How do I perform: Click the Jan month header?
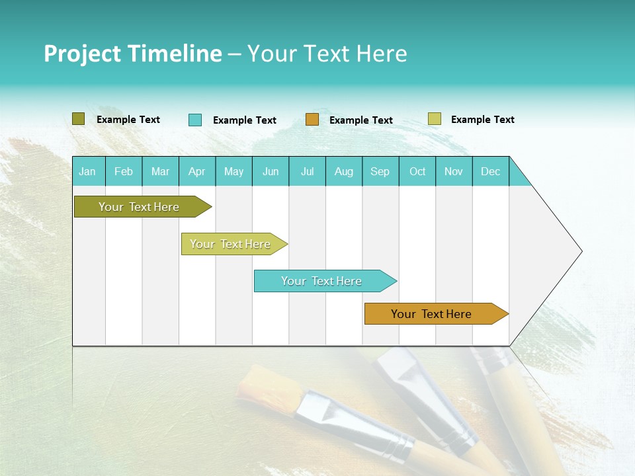tap(87, 172)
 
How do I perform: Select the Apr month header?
tap(196, 172)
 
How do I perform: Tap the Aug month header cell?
tap(343, 172)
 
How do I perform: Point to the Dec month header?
tap(490, 172)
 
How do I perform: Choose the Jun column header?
tap(270, 172)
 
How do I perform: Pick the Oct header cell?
tap(417, 172)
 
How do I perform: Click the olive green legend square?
tap(78, 119)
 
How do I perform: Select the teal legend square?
tap(194, 120)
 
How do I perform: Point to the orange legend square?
tap(312, 120)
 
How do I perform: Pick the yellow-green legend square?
tap(434, 119)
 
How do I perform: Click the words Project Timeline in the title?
tap(132, 54)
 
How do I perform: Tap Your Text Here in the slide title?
tap(327, 54)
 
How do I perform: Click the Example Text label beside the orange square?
tap(360, 120)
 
